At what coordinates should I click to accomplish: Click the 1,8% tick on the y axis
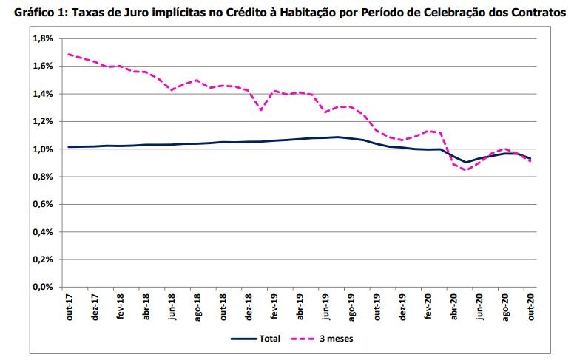pyautogui.click(x=41, y=38)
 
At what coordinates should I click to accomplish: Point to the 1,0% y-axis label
pyautogui.click(x=41, y=149)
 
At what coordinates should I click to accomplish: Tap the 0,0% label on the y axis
pyautogui.click(x=41, y=288)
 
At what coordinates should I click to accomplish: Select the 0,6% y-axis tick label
pyautogui.click(x=41, y=205)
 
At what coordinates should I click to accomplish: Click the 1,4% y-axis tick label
pyautogui.click(x=41, y=94)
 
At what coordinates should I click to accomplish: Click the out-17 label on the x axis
pyautogui.click(x=69, y=307)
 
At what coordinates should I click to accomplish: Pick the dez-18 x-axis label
pyautogui.click(x=249, y=307)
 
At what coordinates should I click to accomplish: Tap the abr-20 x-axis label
pyautogui.click(x=454, y=307)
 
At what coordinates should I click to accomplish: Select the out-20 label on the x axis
pyautogui.click(x=531, y=307)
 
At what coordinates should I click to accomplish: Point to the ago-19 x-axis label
pyautogui.click(x=351, y=307)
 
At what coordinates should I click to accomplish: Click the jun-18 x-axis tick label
pyautogui.click(x=172, y=307)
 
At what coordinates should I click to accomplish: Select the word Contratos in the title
pyautogui.click(x=533, y=13)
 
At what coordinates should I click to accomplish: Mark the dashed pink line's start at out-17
pyautogui.click(x=69, y=54)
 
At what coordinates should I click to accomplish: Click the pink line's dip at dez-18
pyautogui.click(x=261, y=109)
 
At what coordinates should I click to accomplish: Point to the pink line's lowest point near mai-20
pyautogui.click(x=467, y=170)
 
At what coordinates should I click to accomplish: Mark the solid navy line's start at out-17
pyautogui.click(x=69, y=147)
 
